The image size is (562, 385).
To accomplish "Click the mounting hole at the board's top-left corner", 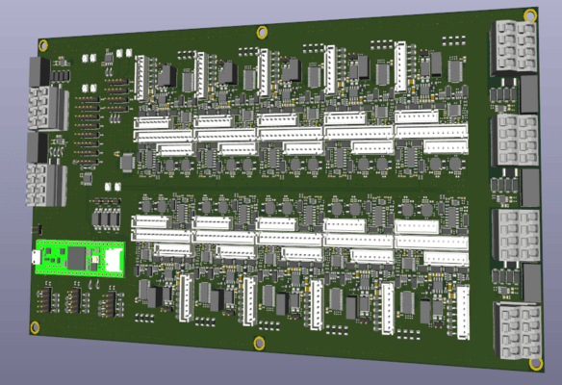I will coord(43,45).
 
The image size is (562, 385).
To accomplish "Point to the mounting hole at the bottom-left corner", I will coord(36,328).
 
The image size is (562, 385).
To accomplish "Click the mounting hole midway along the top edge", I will coord(262,33).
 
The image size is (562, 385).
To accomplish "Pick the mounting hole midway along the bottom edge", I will coord(258,343).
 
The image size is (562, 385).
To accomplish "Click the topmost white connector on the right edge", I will coord(513,46).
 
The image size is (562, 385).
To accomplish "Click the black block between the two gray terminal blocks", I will coord(40,146).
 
